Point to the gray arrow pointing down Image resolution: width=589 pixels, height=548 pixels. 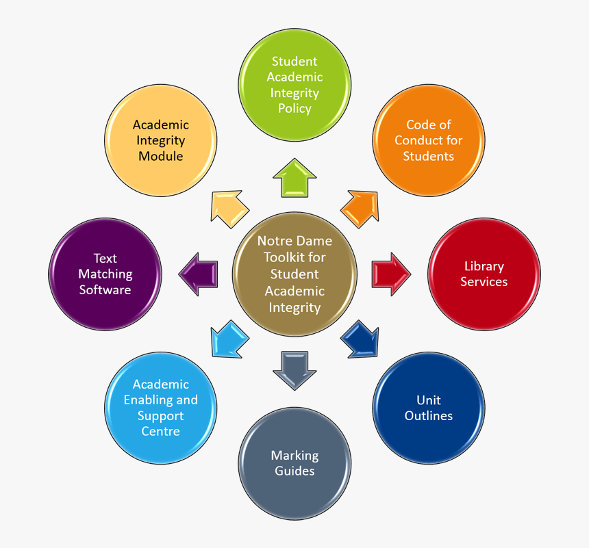pos(294,369)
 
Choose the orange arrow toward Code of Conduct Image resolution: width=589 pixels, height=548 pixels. pos(360,208)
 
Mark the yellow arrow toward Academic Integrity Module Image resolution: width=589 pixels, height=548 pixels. pos(229,208)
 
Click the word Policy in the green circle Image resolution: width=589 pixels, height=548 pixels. pos(294,109)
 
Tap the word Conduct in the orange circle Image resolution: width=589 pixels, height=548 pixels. pos(428,140)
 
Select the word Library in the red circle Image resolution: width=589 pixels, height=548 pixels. pos(484,266)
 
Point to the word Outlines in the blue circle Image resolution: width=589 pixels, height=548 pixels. pos(429,415)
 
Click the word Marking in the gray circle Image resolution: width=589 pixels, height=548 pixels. pos(294,455)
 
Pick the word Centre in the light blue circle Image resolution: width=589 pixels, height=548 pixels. pos(160,432)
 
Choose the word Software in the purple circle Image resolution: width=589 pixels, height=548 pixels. pos(105,289)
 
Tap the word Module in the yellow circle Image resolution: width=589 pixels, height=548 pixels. pos(160,156)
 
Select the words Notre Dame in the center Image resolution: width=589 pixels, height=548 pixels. pos(294,242)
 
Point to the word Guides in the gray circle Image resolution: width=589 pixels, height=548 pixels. pos(294,471)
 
